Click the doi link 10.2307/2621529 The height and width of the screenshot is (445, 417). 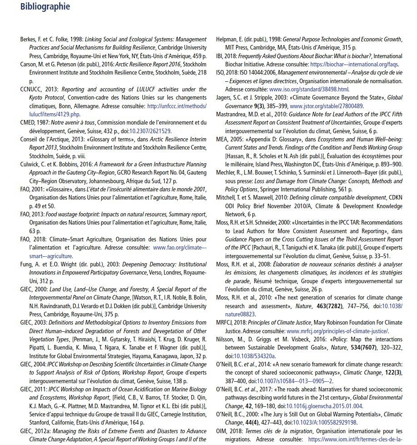tap(151, 131)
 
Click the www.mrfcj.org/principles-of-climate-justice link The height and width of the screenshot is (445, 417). tap(337, 331)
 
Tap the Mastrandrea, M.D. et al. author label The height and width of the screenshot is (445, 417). tap(244, 114)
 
